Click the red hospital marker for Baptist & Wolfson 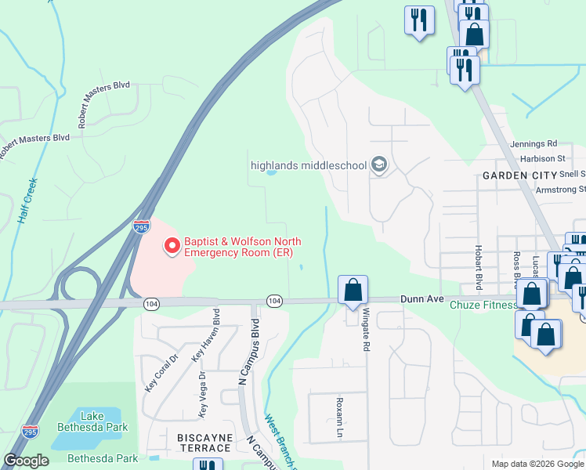172,247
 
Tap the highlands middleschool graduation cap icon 380,165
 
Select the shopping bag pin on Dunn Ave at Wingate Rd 353,290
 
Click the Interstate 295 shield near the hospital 141,227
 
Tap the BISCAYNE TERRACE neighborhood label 194,448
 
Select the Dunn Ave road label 422,298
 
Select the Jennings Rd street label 533,144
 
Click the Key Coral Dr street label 151,374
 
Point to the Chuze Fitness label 480,305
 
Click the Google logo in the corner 27,461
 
